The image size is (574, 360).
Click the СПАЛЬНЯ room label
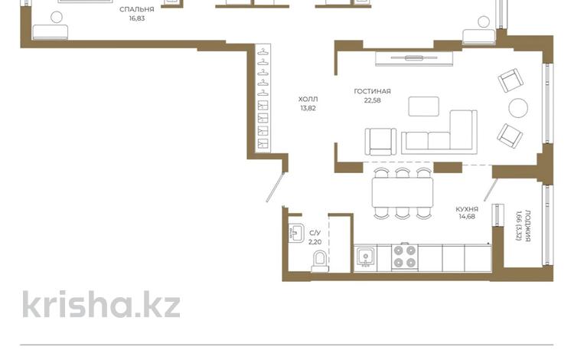[136, 9]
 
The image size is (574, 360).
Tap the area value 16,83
[136, 18]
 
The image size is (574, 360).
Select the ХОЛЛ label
[308, 100]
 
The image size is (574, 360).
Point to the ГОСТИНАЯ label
[372, 91]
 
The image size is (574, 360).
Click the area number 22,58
[372, 100]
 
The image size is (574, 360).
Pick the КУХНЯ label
[467, 209]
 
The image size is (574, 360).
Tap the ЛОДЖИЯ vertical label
[528, 226]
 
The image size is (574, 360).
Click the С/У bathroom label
[315, 233]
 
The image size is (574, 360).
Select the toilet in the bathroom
[320, 261]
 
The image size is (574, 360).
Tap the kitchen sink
[365, 257]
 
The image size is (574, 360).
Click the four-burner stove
[405, 257]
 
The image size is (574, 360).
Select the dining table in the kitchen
[403, 192]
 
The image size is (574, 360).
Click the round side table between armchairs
[518, 108]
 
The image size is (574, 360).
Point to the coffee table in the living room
[423, 106]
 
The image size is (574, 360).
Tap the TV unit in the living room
[414, 59]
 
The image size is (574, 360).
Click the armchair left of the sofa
[380, 142]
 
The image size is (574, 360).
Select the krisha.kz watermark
[101, 304]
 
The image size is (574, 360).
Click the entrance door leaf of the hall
[276, 187]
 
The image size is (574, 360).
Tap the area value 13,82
[308, 109]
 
